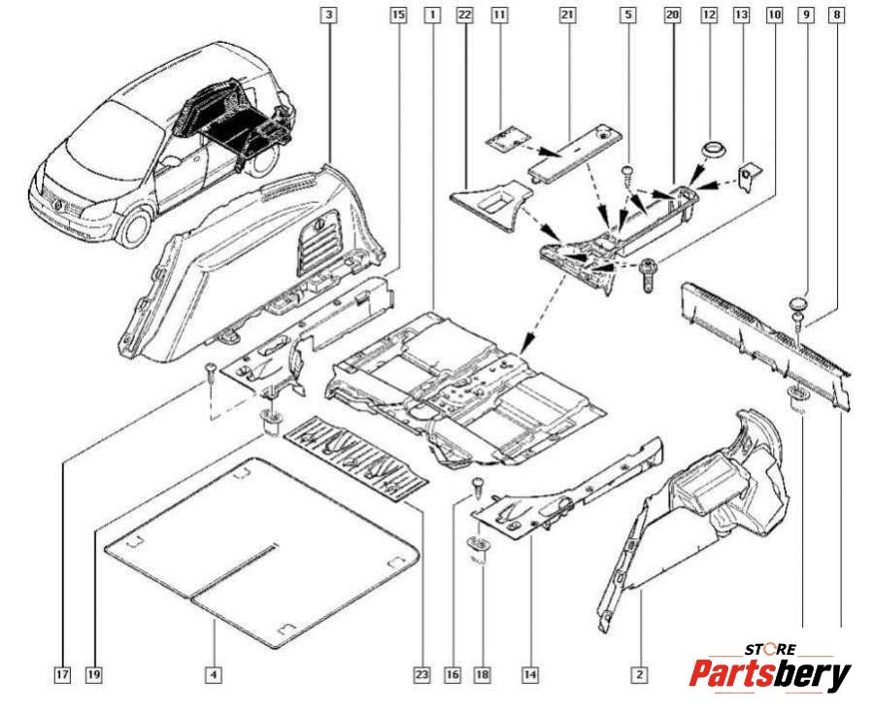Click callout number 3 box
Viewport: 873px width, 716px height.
(x=330, y=16)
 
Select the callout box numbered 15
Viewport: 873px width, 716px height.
(x=396, y=16)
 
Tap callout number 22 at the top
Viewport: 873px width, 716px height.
(x=463, y=16)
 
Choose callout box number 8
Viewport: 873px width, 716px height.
(x=837, y=16)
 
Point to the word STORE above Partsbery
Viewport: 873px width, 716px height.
(x=771, y=648)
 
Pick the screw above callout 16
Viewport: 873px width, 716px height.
(x=477, y=485)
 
